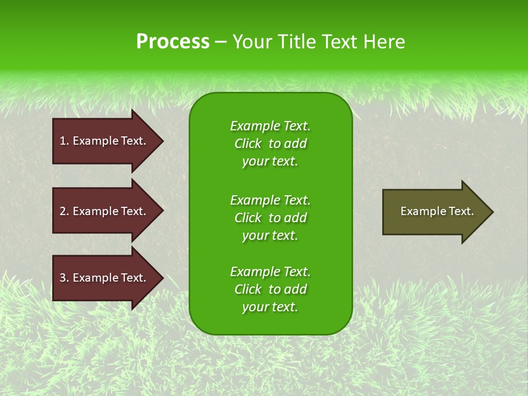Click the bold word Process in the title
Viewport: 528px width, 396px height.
(173, 41)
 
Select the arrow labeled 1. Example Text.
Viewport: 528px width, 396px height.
(105, 141)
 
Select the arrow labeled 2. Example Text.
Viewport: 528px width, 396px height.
(105, 211)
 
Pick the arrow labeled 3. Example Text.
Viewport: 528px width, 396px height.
(105, 278)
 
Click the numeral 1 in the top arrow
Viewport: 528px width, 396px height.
(63, 141)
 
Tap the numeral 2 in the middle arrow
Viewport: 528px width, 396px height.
(63, 211)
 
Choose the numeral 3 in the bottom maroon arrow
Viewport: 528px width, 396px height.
(63, 278)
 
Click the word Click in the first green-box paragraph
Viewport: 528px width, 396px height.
(248, 144)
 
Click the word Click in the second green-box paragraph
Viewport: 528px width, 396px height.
(248, 218)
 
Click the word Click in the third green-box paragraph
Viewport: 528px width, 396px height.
(248, 289)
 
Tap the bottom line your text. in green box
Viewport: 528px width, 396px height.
(270, 307)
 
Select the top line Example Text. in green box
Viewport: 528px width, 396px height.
(270, 126)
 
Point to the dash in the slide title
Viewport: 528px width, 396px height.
(221, 42)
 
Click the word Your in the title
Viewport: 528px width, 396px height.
(252, 41)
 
